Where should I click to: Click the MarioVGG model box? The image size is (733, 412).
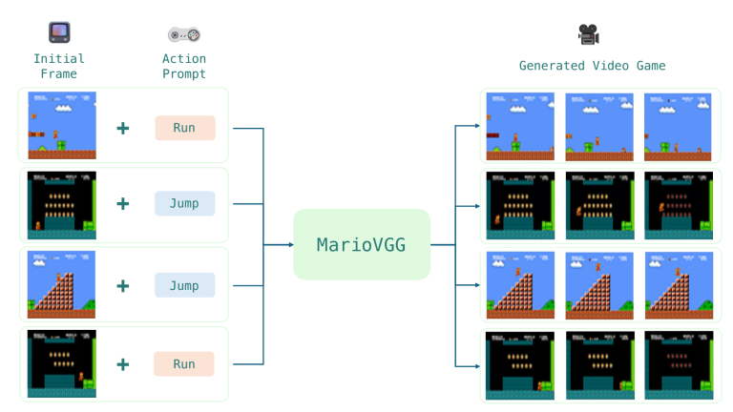[x=362, y=244]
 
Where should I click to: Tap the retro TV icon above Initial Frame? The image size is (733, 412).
[x=59, y=34]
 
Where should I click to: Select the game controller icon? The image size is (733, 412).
[x=184, y=35]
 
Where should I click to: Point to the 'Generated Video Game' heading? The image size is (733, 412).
[x=592, y=66]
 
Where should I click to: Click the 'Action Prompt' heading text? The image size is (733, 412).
[x=184, y=66]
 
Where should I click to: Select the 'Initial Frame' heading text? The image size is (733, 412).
[x=59, y=66]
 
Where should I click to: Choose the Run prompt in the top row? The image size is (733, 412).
[x=184, y=128]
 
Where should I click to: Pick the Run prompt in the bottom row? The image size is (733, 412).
[x=184, y=363]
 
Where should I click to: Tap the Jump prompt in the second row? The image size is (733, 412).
[x=184, y=203]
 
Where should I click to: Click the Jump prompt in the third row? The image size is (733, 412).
[x=184, y=285]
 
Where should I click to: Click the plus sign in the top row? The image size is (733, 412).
[x=123, y=128]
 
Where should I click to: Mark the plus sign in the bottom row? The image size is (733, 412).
[x=123, y=363]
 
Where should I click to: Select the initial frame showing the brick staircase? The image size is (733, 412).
[x=62, y=285]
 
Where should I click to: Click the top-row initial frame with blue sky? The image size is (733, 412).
[x=62, y=126]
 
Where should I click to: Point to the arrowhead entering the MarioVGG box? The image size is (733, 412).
[x=290, y=245]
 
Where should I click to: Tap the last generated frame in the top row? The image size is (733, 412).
[x=678, y=126]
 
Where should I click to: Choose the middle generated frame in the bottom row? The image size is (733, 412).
[x=598, y=365]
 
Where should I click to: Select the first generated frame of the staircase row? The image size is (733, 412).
[x=520, y=285]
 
